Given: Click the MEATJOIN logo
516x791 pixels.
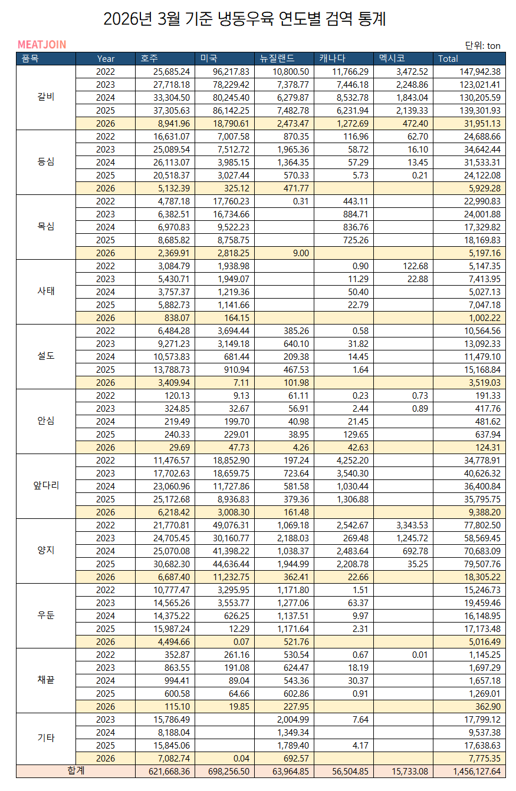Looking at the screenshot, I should point(41,45).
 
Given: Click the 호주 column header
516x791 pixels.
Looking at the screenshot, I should point(150,58).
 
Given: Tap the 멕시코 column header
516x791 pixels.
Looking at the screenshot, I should point(393,58).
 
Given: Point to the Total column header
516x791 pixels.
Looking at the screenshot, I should point(448,58).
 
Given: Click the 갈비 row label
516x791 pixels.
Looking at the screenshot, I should point(46,97).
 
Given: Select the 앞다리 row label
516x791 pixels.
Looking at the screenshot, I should point(46,486).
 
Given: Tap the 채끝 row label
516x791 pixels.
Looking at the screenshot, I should point(46,680).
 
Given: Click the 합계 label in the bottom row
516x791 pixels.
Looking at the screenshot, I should point(75,771).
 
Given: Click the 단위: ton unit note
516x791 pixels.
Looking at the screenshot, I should point(482,45).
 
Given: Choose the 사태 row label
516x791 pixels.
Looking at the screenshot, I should point(46,292).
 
